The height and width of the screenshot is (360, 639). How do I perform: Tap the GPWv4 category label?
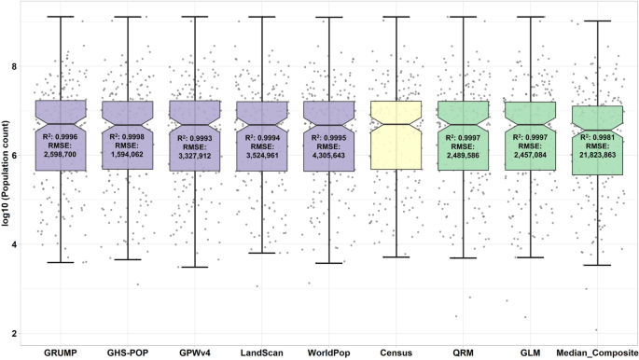tap(195, 352)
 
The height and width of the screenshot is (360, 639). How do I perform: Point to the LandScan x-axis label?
tap(262, 352)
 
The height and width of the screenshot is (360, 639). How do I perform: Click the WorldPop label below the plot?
tap(329, 352)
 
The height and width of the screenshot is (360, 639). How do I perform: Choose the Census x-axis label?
tap(396, 352)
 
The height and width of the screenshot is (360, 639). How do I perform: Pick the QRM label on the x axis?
tap(464, 352)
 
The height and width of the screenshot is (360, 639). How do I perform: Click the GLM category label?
tap(531, 352)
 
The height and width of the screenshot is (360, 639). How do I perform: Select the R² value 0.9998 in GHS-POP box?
tap(128, 137)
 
